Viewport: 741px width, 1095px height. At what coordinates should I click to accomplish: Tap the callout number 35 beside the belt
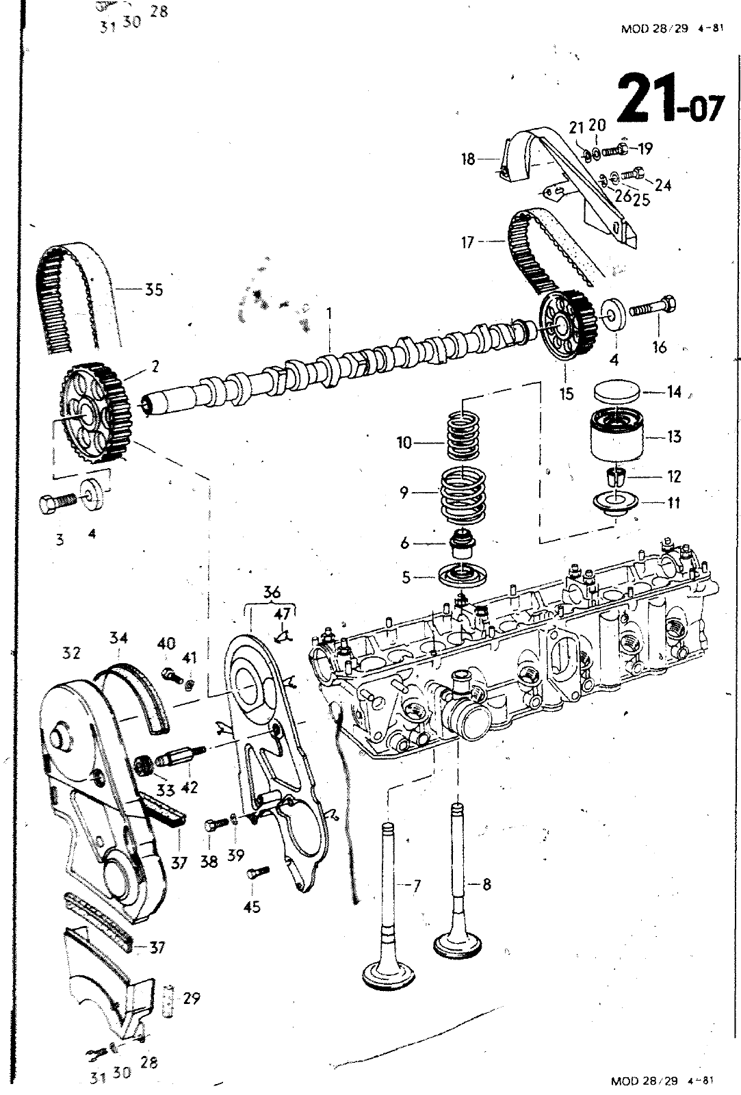(153, 289)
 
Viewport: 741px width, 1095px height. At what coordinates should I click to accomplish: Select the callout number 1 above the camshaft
(329, 313)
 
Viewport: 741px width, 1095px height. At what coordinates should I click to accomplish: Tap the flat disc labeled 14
(616, 392)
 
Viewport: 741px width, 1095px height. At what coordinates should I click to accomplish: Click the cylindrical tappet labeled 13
(617, 435)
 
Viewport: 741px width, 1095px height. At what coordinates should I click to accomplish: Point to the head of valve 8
(458, 944)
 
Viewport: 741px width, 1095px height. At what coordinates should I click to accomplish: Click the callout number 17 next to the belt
(467, 242)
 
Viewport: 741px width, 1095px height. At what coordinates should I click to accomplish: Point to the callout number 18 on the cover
(468, 159)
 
